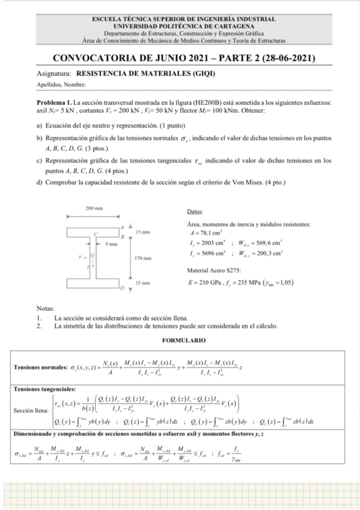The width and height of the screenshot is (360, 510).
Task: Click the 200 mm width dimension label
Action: (94, 207)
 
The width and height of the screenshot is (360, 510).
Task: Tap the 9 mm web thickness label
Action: (111, 244)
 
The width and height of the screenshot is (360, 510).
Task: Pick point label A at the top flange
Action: (122, 227)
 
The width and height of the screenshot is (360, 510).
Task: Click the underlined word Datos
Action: (195, 212)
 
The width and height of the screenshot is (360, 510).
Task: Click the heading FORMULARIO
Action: (182, 341)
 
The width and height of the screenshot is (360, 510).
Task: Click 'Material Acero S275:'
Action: (215, 271)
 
